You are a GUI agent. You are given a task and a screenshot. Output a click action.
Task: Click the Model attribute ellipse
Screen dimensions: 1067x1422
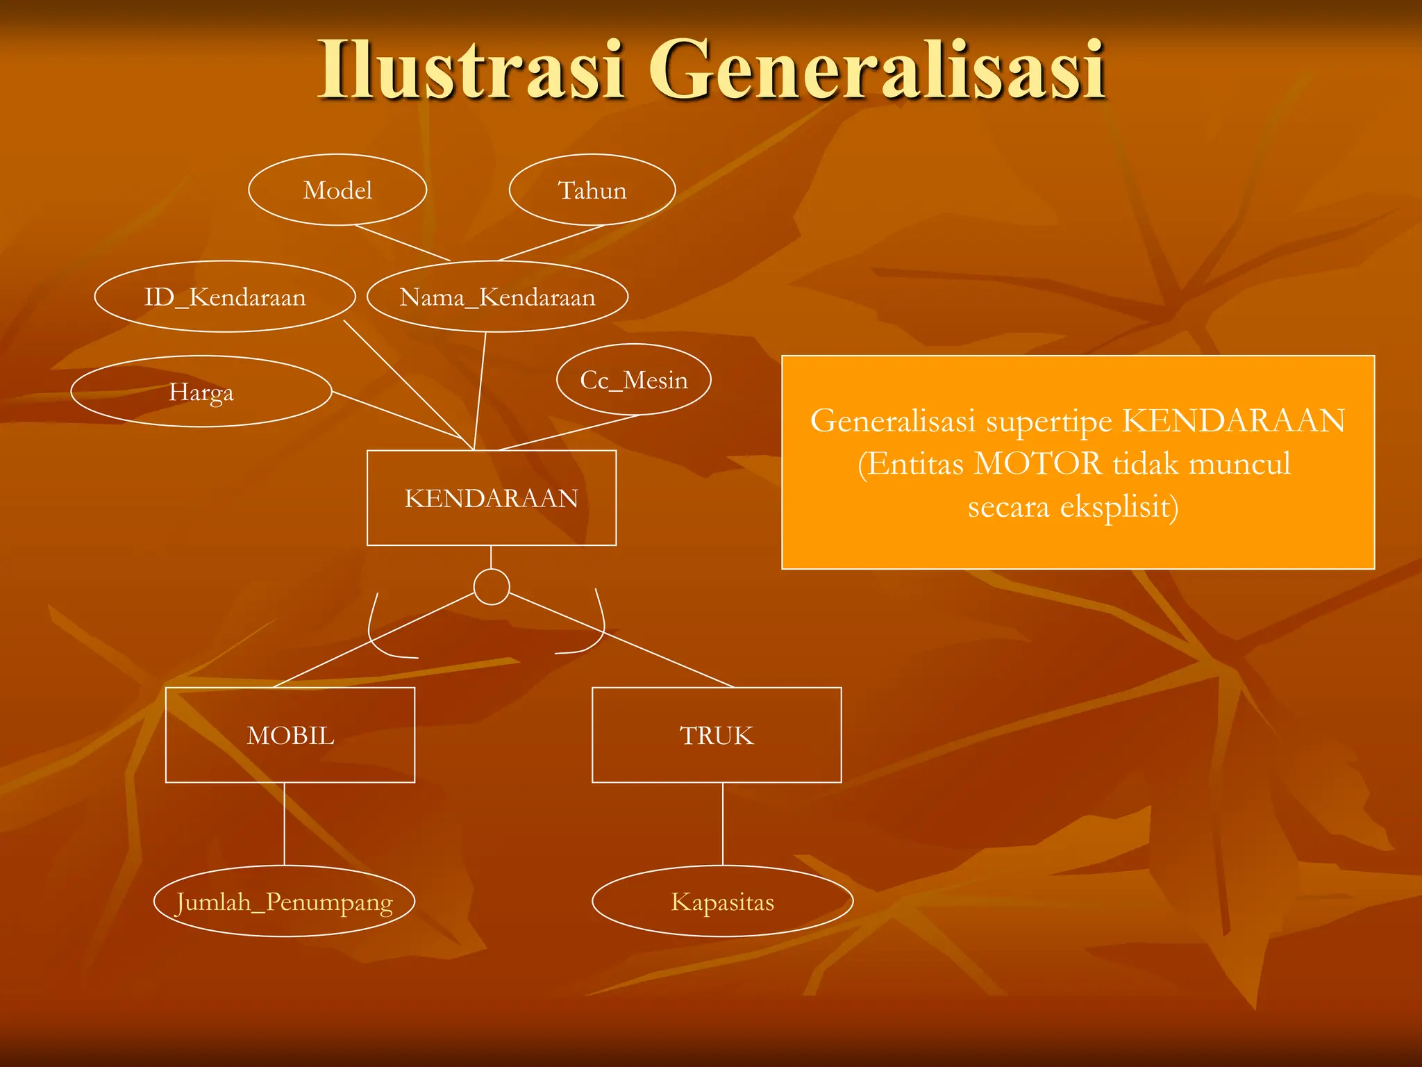pos(337,190)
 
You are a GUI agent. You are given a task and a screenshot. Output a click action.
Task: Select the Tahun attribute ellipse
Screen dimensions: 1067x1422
pos(592,190)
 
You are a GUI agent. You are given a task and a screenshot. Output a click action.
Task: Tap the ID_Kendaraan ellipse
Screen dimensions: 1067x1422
pos(225,297)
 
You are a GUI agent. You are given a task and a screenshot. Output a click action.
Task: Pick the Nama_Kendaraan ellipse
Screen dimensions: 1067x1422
pos(497,297)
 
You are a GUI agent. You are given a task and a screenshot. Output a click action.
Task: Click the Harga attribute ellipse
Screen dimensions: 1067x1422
pos(201,392)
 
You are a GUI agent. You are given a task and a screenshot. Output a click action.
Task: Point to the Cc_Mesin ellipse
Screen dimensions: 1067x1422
pos(633,379)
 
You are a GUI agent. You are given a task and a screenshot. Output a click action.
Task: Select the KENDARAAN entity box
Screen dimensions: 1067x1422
pos(491,498)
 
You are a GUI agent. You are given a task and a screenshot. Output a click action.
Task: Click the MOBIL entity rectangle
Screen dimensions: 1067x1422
pos(290,735)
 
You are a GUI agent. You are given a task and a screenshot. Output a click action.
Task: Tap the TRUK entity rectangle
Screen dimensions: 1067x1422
pos(717,735)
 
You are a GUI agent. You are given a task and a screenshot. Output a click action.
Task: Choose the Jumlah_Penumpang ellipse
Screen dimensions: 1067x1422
pos(284,902)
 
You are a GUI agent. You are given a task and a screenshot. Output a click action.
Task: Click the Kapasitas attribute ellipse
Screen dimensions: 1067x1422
pos(722,902)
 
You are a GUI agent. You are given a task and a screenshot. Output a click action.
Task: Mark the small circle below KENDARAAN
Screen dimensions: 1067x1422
pos(492,587)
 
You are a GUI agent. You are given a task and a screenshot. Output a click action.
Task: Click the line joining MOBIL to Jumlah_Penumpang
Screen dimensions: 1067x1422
pos(284,824)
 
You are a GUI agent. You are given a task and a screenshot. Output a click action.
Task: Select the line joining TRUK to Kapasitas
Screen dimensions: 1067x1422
pos(723,824)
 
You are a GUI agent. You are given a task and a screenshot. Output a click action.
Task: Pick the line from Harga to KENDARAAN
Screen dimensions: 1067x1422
pos(396,415)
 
